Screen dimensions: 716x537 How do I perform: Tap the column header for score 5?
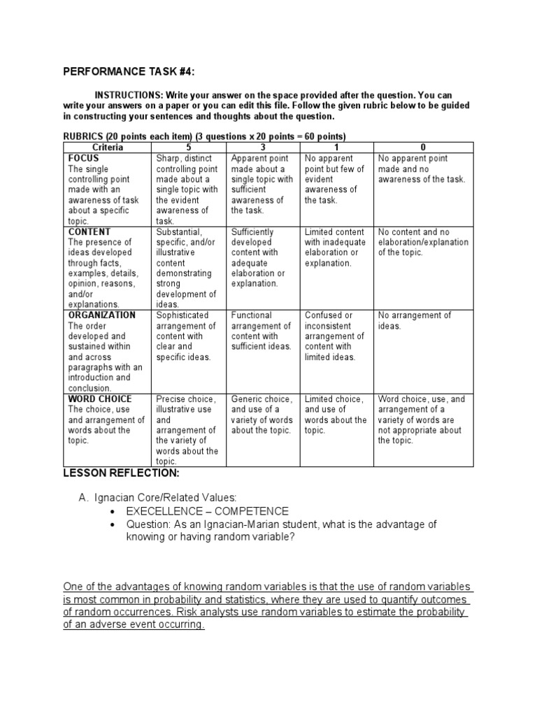189,148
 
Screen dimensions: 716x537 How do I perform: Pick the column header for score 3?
264,148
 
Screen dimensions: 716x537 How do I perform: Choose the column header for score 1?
337,148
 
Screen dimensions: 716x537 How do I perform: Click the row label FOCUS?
84,159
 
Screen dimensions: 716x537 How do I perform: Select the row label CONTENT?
89,231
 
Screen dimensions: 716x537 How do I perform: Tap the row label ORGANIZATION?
102,315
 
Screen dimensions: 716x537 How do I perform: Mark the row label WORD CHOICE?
100,399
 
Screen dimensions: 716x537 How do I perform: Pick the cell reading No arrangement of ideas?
415,320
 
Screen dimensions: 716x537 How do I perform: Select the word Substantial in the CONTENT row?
178,231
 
